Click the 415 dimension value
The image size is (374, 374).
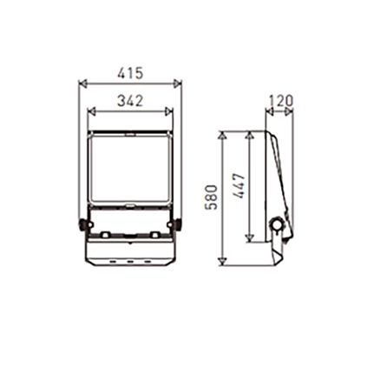coord(130,73)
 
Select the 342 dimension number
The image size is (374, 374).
coord(130,101)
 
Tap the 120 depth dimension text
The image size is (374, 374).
coord(281,101)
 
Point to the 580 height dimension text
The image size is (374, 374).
coord(211,197)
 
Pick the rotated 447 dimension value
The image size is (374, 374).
coord(239,186)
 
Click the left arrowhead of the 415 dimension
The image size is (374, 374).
coord(83,84)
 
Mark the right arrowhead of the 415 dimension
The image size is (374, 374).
coord(177,84)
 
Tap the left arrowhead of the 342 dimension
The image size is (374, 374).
coord(92,111)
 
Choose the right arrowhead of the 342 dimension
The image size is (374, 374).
coord(169,111)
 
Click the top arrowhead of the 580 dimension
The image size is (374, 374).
coord(222,136)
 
